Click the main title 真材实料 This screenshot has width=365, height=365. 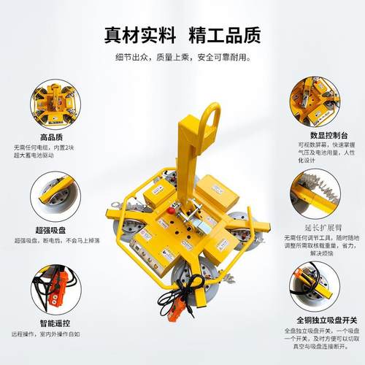(139, 35)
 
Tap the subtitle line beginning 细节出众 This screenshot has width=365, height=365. (182, 57)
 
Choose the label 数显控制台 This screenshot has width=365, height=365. (315, 135)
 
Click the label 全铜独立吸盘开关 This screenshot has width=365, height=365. (315, 319)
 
